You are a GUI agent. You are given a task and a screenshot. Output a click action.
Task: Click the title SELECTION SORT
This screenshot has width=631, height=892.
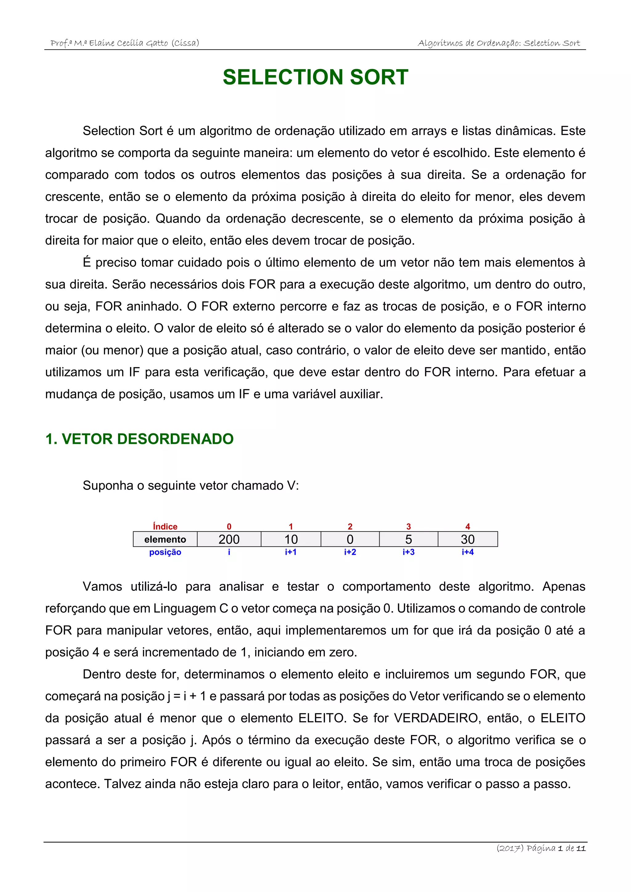pyautogui.click(x=315, y=77)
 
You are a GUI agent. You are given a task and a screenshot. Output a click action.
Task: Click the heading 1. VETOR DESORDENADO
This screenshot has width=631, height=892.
pyautogui.click(x=140, y=439)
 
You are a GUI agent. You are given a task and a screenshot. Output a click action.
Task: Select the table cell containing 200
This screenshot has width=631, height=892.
pyautogui.click(x=229, y=539)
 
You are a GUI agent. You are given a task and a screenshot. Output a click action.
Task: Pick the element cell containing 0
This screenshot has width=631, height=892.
pyautogui.click(x=350, y=539)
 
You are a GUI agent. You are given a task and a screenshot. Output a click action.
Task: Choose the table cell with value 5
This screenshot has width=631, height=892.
pyautogui.click(x=408, y=539)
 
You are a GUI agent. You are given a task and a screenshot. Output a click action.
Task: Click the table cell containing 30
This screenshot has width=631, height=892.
pyautogui.click(x=467, y=539)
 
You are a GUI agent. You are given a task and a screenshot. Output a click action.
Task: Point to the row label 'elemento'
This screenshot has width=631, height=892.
pyautogui.click(x=165, y=539)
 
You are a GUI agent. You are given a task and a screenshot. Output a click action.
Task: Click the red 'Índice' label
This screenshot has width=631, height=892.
pyautogui.click(x=165, y=526)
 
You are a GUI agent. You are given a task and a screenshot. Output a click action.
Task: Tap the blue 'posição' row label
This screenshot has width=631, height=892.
pyautogui.click(x=165, y=552)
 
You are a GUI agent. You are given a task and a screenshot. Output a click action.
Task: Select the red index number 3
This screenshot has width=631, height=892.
pyautogui.click(x=408, y=526)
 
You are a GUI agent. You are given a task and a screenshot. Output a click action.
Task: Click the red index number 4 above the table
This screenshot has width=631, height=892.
pyautogui.click(x=467, y=526)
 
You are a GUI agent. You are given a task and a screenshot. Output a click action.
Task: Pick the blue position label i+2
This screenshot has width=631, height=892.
pyautogui.click(x=350, y=552)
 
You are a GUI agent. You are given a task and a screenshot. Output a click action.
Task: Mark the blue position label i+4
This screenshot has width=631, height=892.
pyautogui.click(x=467, y=552)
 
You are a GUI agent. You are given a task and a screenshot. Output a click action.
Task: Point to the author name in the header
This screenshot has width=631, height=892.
pyautogui.click(x=125, y=43)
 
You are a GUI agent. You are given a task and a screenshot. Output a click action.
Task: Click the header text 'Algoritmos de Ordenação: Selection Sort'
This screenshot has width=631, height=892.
pyautogui.click(x=499, y=43)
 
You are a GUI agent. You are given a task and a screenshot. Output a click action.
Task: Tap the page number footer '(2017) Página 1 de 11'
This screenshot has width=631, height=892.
pyautogui.click(x=541, y=848)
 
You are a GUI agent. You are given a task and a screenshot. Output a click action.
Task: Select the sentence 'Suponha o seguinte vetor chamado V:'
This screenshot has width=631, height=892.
pyautogui.click(x=191, y=486)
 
